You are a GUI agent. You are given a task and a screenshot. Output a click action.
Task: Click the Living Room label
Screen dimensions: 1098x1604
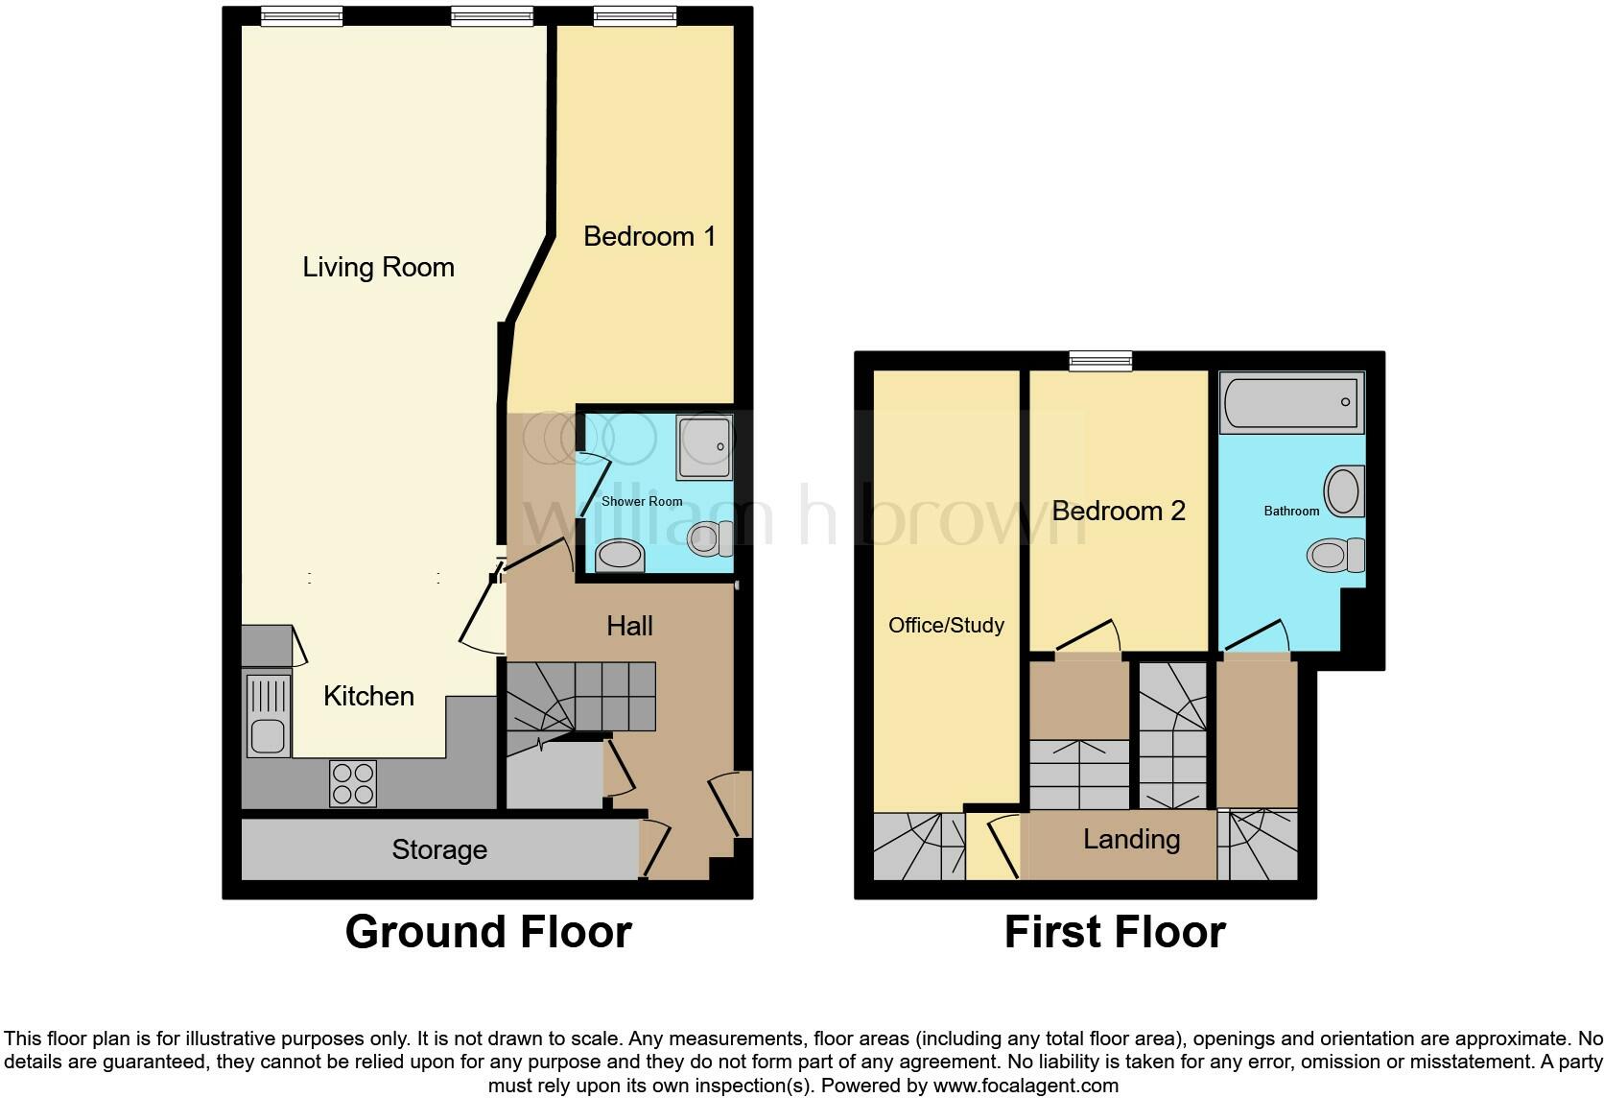point(378,267)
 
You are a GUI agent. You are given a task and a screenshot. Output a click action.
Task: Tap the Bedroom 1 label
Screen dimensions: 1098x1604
point(649,236)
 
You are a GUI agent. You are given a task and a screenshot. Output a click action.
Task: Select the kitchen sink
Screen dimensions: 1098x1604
point(268,715)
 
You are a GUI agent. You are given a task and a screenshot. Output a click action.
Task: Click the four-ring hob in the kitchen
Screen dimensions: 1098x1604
point(352,783)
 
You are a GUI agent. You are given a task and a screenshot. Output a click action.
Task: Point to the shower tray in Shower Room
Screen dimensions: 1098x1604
point(704,447)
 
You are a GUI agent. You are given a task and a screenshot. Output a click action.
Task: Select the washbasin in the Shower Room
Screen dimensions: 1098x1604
point(620,556)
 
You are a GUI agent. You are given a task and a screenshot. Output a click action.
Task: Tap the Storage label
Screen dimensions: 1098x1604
point(439,849)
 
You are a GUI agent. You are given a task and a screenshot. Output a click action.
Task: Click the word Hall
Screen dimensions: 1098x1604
point(629,626)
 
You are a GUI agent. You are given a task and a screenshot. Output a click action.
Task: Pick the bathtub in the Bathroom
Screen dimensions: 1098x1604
point(1291,402)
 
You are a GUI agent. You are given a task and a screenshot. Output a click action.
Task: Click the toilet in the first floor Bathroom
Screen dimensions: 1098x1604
point(1336,555)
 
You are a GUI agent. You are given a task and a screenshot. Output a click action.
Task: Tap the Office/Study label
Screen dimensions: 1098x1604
point(946,625)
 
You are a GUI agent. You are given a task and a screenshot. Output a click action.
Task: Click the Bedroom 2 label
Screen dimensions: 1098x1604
point(1119,511)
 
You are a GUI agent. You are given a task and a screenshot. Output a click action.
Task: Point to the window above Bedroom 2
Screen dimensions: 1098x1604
point(1100,361)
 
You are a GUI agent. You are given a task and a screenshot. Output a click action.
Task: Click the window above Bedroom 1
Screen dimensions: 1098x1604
point(634,15)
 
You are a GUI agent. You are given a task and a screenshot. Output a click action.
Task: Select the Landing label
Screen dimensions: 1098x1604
point(1131,839)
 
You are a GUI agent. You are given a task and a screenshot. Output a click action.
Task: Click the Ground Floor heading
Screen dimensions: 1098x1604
point(487,932)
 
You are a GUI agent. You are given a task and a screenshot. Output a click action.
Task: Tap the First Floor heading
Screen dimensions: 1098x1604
point(1114,932)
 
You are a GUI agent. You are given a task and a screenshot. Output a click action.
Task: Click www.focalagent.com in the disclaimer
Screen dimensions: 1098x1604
point(1026,1086)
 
